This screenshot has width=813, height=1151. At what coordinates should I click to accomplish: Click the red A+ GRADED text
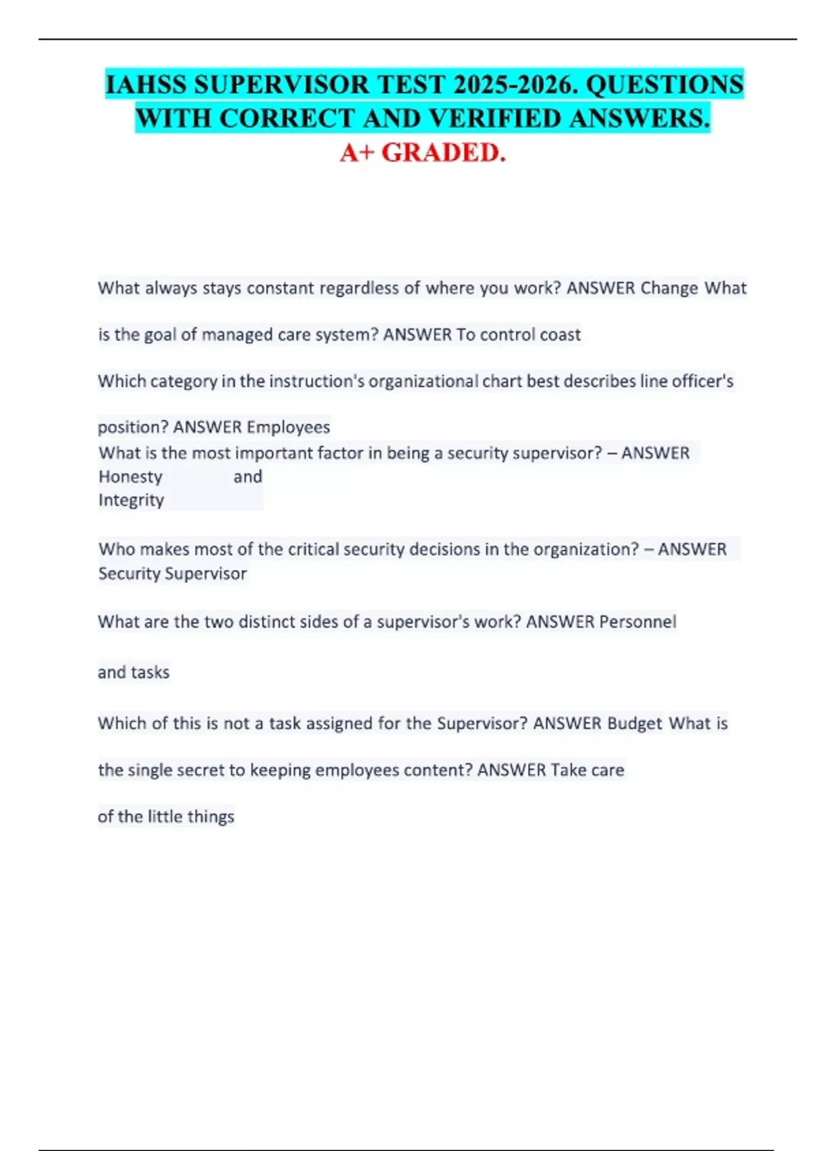coord(423,153)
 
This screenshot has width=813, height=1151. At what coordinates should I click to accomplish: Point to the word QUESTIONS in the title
coord(664,85)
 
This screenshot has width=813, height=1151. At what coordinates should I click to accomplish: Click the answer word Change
coord(669,288)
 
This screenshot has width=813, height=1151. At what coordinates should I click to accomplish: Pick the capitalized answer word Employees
coord(289,427)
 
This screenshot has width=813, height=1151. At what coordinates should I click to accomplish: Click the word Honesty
coord(131,477)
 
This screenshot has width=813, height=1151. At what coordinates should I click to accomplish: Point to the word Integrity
coord(131,500)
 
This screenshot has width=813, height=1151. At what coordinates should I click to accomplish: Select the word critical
coord(314,549)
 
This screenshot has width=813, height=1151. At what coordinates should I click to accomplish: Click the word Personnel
coord(638,622)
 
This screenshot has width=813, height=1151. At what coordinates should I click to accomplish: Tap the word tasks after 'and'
coord(150,673)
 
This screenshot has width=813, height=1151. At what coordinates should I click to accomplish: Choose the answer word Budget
coord(634,724)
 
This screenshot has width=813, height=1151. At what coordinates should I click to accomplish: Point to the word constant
coord(280,288)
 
